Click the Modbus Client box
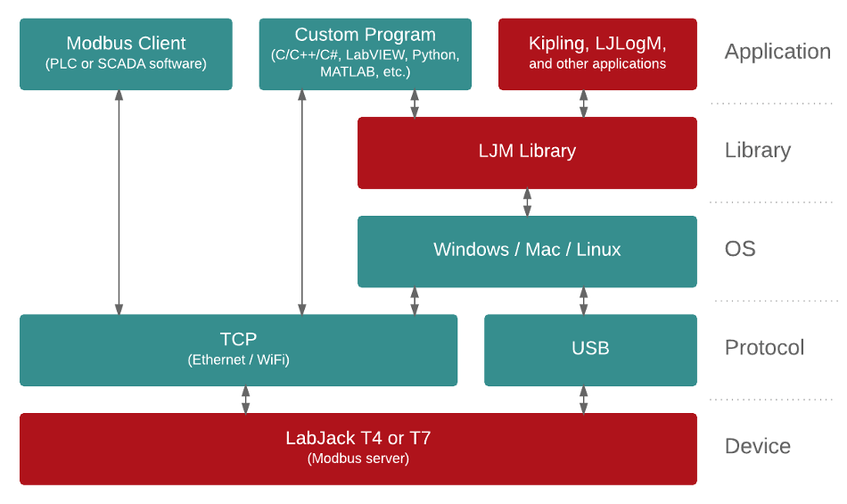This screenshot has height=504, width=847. pos(126,54)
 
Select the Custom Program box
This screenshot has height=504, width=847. pos(365,54)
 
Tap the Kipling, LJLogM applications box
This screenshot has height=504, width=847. pos(597,54)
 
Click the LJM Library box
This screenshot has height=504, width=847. pos(527,152)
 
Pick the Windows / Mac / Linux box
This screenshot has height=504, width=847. pos(527,251)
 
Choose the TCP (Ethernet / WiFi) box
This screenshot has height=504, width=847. pos(238,350)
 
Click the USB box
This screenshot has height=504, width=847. pos(590,350)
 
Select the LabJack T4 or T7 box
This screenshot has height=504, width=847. pos(358,449)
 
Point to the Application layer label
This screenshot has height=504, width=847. pos(777,52)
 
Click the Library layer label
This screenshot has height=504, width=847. pos(757,150)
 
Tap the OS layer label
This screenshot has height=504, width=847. pos(740,249)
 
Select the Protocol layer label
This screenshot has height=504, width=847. pos(764,348)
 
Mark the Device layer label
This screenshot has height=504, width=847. pos(757,446)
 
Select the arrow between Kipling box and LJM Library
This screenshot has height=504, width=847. pos(584,103)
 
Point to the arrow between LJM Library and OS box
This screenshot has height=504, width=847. pos(527,202)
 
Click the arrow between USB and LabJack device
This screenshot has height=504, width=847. pos(584,400)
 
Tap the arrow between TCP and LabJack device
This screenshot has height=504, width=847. pos(245,400)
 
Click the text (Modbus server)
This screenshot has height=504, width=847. pos(358,459)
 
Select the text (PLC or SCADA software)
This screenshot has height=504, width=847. pos(126,64)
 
